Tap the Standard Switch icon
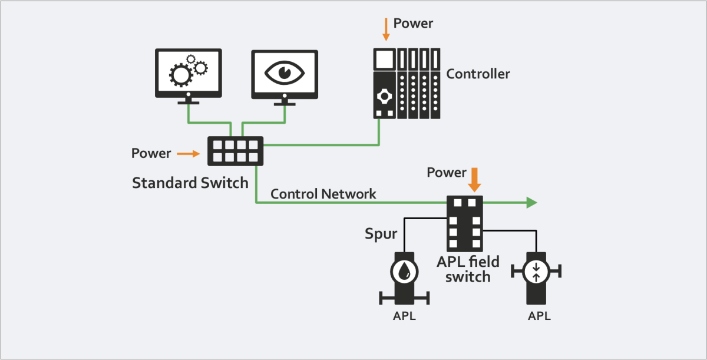click(235, 151)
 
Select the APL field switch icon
click(464, 224)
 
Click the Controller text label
click(478, 74)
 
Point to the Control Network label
click(323, 194)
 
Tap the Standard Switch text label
click(190, 183)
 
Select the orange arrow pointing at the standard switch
click(188, 154)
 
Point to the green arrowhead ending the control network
click(531, 203)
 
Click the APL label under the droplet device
click(404, 316)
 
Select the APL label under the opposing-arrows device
click(539, 316)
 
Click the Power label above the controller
click(413, 24)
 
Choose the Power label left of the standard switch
click(151, 154)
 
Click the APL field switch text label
click(468, 268)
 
